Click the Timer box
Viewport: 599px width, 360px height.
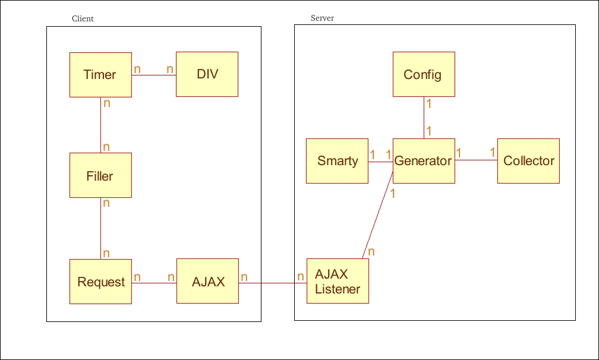[x=100, y=75]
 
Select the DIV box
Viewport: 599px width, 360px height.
[x=207, y=74]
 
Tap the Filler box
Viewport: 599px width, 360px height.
[x=100, y=175]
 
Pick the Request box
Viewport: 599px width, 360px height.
[x=100, y=282]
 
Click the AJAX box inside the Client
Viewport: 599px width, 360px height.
[x=207, y=281]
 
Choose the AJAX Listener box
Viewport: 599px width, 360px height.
[x=338, y=282]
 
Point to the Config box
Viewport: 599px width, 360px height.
[x=424, y=74]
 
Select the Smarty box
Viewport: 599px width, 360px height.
[x=337, y=161]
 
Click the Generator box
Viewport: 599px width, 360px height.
[x=424, y=161]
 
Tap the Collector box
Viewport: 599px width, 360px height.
[x=528, y=161]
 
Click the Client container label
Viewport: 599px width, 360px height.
[x=83, y=18]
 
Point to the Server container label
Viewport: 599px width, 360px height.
[x=322, y=18]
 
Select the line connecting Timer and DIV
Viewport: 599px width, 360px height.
[x=153, y=75]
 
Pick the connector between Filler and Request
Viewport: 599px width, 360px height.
[x=100, y=229]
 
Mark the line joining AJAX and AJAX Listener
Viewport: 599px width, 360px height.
[x=272, y=283]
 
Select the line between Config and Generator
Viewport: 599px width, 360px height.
[x=424, y=118]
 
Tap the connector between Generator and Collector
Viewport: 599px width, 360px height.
[x=475, y=160]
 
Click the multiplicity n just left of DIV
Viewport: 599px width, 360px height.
[x=169, y=70]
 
